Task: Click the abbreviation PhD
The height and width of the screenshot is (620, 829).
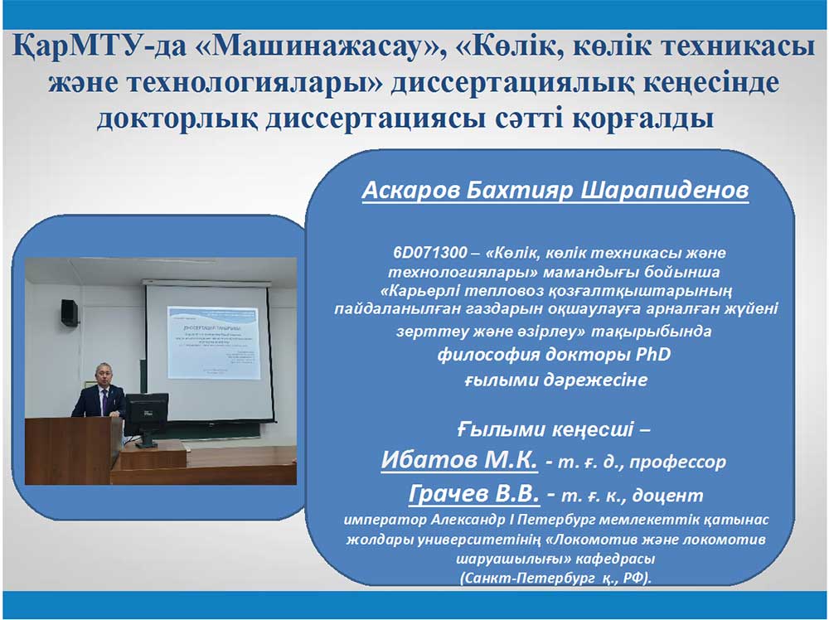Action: [x=652, y=354]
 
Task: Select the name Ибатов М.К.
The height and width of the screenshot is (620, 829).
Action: [x=459, y=460]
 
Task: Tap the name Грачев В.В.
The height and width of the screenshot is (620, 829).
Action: [x=474, y=494]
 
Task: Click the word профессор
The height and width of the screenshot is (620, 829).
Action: [x=678, y=462]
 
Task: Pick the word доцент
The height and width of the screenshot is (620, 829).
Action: [x=668, y=496]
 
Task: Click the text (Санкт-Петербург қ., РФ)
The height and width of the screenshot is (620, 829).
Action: [x=555, y=578]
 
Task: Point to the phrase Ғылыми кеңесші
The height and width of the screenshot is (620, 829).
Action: [x=545, y=429]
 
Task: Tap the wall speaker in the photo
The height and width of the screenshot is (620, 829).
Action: [x=70, y=312]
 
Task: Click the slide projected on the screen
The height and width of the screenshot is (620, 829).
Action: [x=214, y=342]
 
